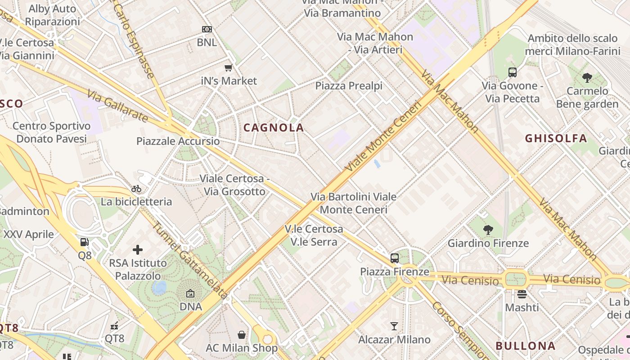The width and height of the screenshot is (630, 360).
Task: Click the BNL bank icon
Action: (x=207, y=29)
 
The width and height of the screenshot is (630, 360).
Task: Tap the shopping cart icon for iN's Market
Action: (x=229, y=68)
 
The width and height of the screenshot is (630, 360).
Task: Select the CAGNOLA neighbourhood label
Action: (x=274, y=128)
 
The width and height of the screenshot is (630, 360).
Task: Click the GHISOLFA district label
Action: (x=556, y=138)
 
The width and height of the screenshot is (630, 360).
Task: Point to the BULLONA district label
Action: (x=526, y=346)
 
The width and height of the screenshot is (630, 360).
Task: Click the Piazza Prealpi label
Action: (x=349, y=85)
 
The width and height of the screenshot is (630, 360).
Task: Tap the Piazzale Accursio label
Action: (x=178, y=141)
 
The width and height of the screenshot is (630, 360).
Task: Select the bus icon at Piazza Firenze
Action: (x=395, y=258)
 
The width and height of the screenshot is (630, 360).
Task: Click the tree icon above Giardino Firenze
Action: (x=488, y=230)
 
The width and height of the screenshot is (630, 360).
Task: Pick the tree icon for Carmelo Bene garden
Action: (x=587, y=78)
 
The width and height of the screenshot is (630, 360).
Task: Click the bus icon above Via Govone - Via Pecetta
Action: (x=512, y=72)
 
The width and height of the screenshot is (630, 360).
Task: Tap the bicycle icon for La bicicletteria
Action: (x=136, y=189)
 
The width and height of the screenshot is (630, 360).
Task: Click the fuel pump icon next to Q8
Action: (x=84, y=242)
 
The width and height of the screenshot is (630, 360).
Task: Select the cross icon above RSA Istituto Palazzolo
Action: (x=138, y=249)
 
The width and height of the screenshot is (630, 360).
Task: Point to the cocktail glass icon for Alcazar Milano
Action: (x=394, y=326)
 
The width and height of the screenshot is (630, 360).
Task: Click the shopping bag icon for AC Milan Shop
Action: (x=242, y=335)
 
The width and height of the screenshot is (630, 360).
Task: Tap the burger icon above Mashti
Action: (x=522, y=294)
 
